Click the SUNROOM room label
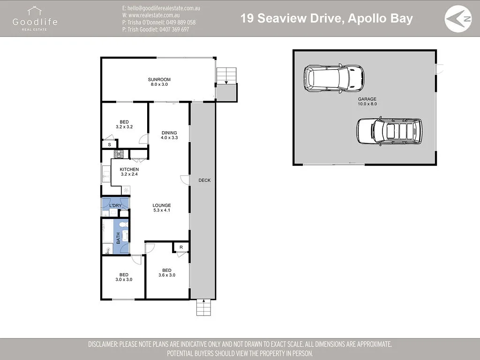click(x=159, y=80)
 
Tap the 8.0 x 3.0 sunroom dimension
click(x=159, y=84)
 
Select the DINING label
click(x=169, y=133)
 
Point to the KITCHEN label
click(x=129, y=169)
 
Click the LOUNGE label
click(x=162, y=205)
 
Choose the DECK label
click(x=204, y=180)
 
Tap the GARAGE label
click(x=367, y=99)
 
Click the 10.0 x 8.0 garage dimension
click(x=367, y=104)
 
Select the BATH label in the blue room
click(x=118, y=239)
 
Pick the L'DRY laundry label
click(x=115, y=205)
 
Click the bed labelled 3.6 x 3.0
click(x=167, y=273)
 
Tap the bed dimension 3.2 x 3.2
click(x=124, y=127)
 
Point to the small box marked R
click(x=181, y=247)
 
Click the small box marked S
click(x=109, y=144)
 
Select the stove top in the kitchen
click(x=119, y=154)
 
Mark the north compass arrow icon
click(x=458, y=19)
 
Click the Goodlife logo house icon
click(x=35, y=11)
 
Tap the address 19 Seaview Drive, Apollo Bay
click(x=327, y=18)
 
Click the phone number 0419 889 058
click(x=180, y=22)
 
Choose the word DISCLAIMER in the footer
click(x=103, y=344)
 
